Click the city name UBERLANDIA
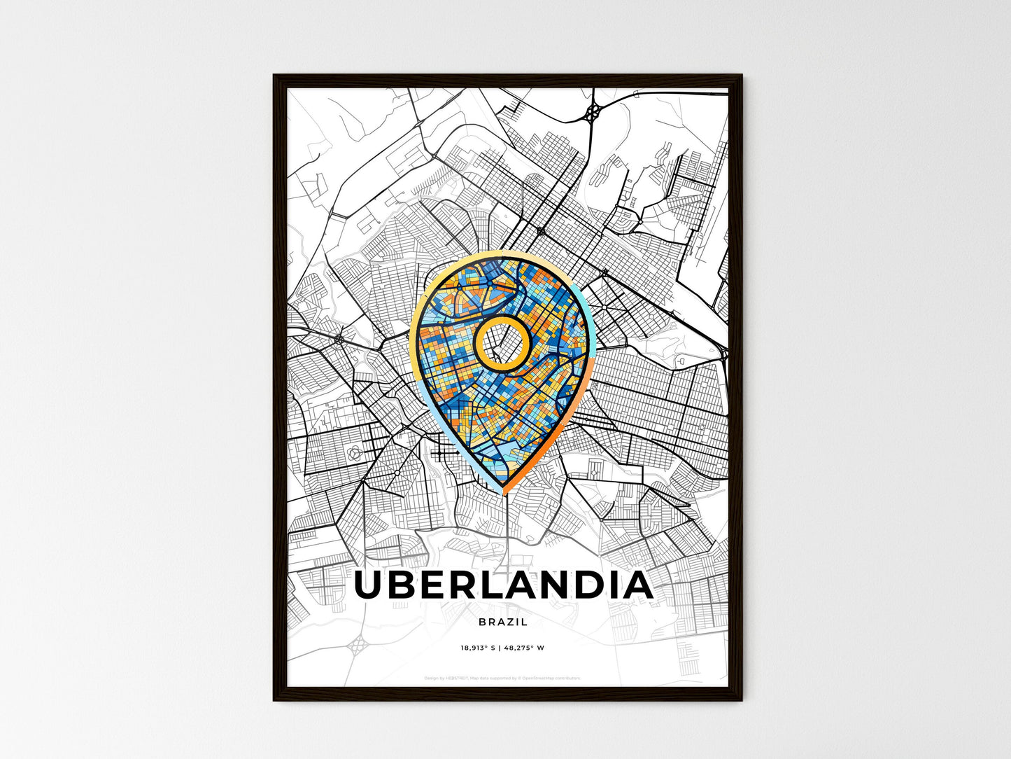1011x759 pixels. click(504, 585)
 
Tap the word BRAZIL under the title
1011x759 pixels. click(503, 622)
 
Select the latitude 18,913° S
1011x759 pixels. click(478, 648)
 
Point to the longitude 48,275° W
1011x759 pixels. click(524, 648)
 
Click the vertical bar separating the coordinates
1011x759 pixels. click(500, 648)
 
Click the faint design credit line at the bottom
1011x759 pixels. click(502, 678)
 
